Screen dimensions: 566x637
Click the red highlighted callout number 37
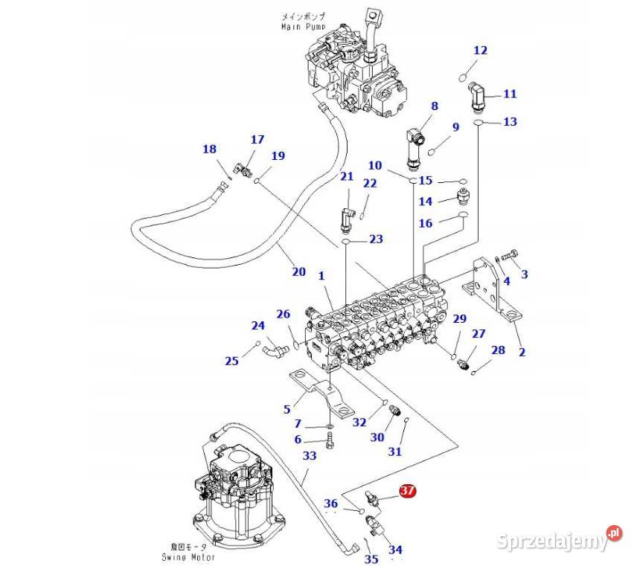[407, 492]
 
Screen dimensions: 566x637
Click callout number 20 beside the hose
[298, 271]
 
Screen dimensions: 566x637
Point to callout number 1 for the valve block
[321, 275]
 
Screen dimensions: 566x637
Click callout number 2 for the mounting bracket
[522, 351]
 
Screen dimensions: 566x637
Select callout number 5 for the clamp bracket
[287, 408]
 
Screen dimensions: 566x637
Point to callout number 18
[209, 149]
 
